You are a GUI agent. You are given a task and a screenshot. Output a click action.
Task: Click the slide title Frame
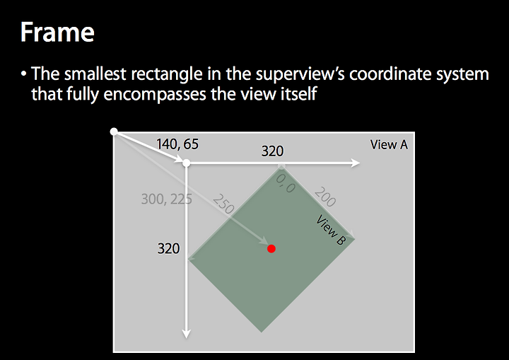point(57,32)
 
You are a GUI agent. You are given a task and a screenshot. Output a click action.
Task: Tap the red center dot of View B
point(271,249)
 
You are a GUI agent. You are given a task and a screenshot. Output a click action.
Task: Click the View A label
point(389,144)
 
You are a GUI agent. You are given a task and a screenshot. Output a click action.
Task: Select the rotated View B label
point(331,230)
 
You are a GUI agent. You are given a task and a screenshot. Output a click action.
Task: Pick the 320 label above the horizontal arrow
point(272,151)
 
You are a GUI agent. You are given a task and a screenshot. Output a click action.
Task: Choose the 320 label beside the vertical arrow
point(168,248)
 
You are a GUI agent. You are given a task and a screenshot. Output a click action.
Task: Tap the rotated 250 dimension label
point(223,204)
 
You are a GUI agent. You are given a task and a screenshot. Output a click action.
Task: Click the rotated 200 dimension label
point(325,197)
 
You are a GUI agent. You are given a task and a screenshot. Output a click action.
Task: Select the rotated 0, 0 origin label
point(286,183)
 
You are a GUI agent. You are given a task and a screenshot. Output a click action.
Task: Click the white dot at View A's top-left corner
point(114,132)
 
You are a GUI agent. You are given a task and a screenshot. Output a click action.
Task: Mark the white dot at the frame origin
point(187,163)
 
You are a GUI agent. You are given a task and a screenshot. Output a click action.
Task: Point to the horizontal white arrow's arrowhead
point(356,163)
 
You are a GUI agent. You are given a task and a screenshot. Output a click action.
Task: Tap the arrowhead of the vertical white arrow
point(187,334)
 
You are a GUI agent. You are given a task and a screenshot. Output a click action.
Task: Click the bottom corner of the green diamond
point(262,332)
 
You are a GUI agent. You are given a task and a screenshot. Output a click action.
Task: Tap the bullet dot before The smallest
point(23,74)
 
